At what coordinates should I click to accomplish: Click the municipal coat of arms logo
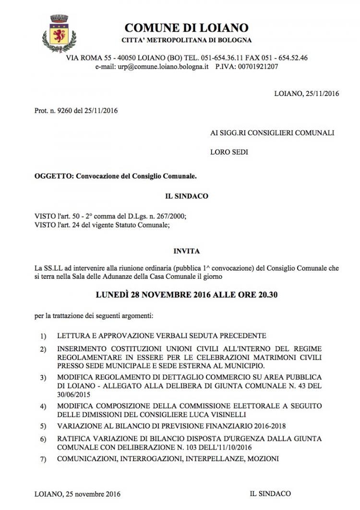click(57, 33)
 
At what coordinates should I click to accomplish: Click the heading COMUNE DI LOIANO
click(187, 27)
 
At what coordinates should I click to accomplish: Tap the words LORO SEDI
click(229, 153)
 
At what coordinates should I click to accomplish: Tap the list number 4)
click(44, 407)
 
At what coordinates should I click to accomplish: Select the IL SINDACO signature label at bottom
click(270, 494)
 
